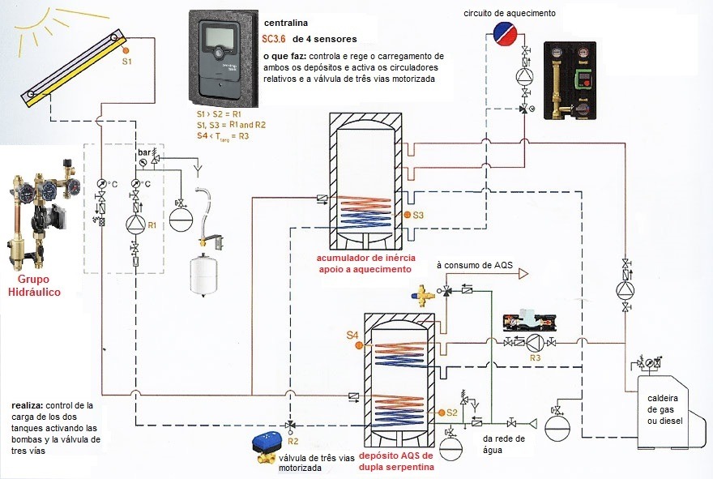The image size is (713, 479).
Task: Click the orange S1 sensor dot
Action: click(x=126, y=51)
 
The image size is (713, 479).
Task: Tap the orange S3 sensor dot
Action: click(x=407, y=216)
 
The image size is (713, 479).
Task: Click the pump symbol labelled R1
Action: click(x=134, y=224)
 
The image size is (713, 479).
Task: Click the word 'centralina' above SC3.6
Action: click(x=288, y=23)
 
